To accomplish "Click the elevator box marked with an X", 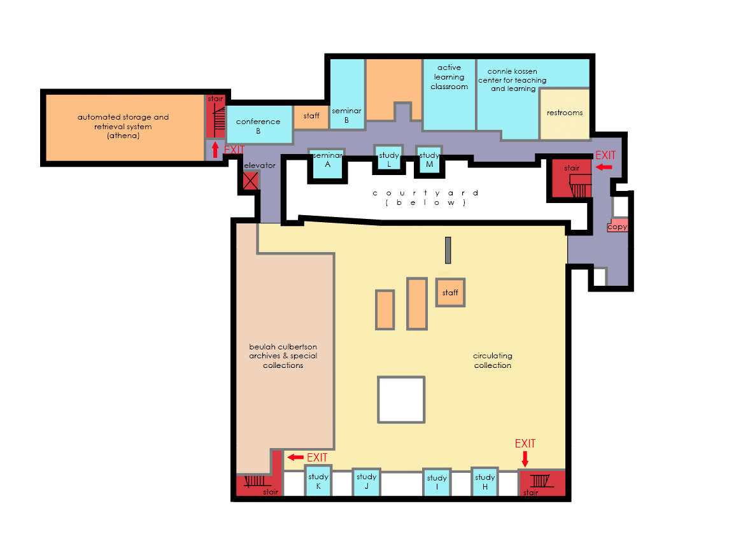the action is pyautogui.click(x=251, y=181).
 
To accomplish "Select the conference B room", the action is pyautogui.click(x=259, y=124).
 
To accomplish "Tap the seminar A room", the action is pyautogui.click(x=327, y=164).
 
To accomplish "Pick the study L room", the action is pyautogui.click(x=389, y=157).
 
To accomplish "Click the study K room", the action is pyautogui.click(x=318, y=481).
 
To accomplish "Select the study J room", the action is pyautogui.click(x=366, y=482).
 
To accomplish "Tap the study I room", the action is pyautogui.click(x=436, y=483).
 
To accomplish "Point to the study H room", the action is pyautogui.click(x=485, y=482).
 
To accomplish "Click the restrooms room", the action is pyautogui.click(x=564, y=114).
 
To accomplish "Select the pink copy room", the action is pyautogui.click(x=618, y=225).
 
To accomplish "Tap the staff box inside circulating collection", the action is pyautogui.click(x=450, y=292).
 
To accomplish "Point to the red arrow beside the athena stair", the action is pyautogui.click(x=215, y=150).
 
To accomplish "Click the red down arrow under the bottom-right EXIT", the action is pyautogui.click(x=525, y=459).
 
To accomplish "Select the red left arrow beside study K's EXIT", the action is pyautogui.click(x=295, y=457).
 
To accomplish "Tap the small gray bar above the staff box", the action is pyautogui.click(x=448, y=250).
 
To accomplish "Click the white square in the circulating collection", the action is pyautogui.click(x=401, y=400).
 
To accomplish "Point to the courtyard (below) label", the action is pyautogui.click(x=425, y=197).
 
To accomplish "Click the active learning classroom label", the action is pyautogui.click(x=449, y=77).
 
